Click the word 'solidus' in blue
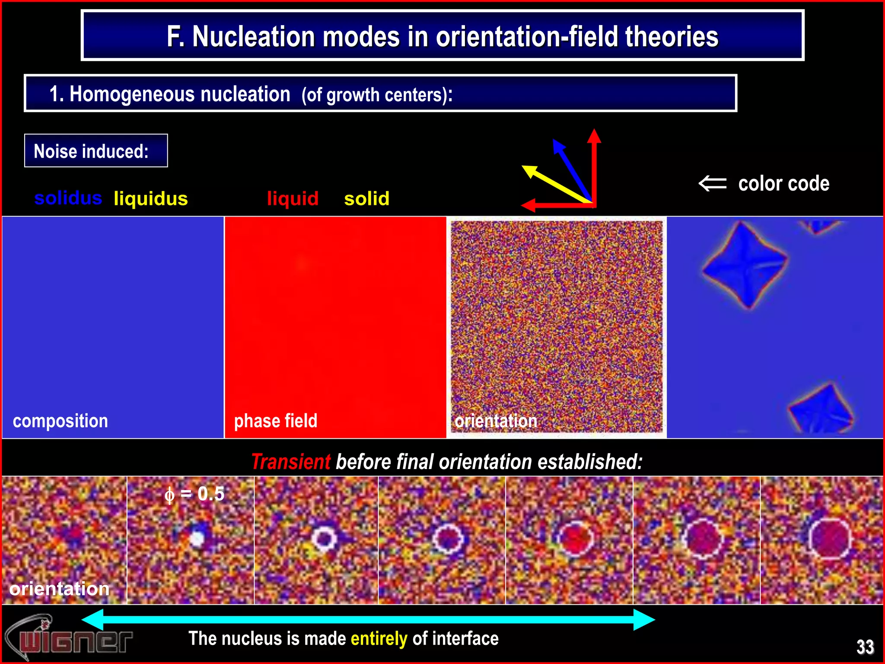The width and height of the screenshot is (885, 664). tap(68, 198)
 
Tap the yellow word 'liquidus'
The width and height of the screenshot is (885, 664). tap(150, 199)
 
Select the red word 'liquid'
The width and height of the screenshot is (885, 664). tap(293, 199)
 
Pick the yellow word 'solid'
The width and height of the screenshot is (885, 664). tap(366, 199)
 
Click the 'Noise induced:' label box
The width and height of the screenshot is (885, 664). tap(96, 151)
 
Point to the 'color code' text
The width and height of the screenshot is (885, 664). tap(783, 184)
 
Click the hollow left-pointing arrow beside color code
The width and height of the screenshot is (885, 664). tap(713, 183)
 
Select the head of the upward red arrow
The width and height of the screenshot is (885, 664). tap(594, 135)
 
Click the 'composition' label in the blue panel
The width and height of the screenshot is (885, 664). tap(60, 421)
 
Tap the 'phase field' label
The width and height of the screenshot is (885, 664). tap(276, 421)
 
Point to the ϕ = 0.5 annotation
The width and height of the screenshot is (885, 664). tap(194, 494)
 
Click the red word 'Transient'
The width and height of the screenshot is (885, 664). tap(290, 462)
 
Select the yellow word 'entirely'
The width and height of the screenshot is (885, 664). tap(379, 638)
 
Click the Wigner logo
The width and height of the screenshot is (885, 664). tap(69, 638)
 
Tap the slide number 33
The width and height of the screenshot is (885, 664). tap(865, 647)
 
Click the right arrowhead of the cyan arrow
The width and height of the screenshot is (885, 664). tap(645, 619)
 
